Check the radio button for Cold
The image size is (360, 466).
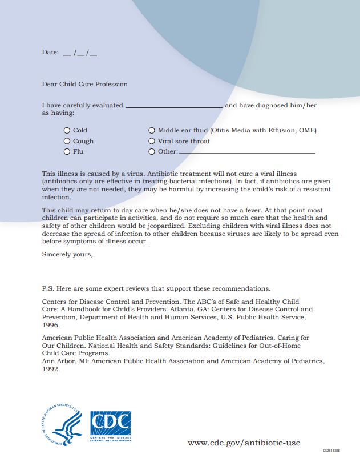[67, 131]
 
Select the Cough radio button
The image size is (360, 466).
[67, 141]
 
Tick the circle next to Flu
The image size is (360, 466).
[67, 152]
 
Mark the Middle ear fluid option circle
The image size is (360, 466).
[152, 131]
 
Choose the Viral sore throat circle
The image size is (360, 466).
[152, 141]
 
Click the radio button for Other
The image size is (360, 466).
[152, 152]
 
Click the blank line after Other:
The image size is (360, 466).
[246, 152]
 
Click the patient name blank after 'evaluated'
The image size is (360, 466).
[174, 106]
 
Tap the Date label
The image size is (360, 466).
[50, 53]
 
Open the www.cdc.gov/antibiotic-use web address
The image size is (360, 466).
[244, 443]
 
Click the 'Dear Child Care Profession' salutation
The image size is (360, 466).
[85, 85]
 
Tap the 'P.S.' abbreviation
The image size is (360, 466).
[48, 288]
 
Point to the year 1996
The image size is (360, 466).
[50, 324]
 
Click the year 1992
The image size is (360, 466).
[50, 369]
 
